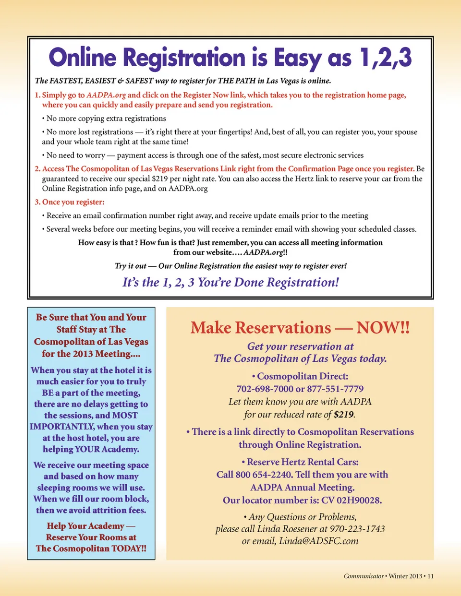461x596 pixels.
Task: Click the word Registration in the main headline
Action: click(x=184, y=58)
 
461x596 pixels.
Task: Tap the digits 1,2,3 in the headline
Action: click(x=385, y=58)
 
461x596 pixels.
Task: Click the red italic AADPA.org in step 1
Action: click(x=106, y=95)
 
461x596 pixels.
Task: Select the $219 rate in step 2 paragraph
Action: click(x=160, y=179)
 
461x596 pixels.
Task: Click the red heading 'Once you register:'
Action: click(x=73, y=202)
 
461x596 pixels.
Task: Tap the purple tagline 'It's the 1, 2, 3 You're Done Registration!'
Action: click(x=230, y=282)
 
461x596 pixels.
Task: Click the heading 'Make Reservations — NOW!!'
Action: click(x=300, y=328)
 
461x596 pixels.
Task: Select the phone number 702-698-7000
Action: click(x=265, y=389)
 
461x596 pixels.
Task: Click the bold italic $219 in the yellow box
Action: click(x=343, y=415)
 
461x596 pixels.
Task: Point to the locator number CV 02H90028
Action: click(x=352, y=500)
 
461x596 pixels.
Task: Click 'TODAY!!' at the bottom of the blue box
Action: click(x=129, y=548)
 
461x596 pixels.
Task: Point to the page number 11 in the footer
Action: click(x=430, y=576)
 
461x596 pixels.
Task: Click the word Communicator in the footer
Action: click(x=364, y=576)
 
